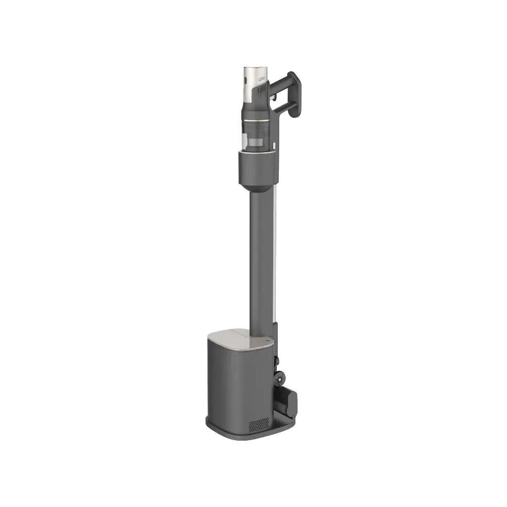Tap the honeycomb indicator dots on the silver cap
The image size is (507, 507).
263,78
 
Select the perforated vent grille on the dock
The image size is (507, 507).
258,424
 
